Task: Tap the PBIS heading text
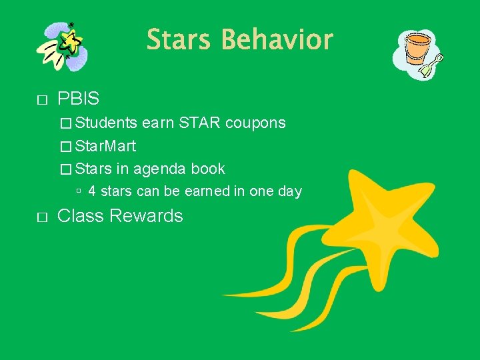click(x=78, y=99)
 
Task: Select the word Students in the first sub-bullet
click(x=107, y=123)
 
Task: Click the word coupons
click(x=255, y=123)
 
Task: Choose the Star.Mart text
click(x=107, y=145)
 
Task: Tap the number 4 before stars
click(x=92, y=192)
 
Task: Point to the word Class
click(x=80, y=216)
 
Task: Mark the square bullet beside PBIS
click(x=42, y=101)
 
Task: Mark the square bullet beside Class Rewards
click(x=42, y=217)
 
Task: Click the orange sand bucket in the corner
click(x=417, y=47)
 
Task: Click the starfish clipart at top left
click(x=63, y=45)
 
